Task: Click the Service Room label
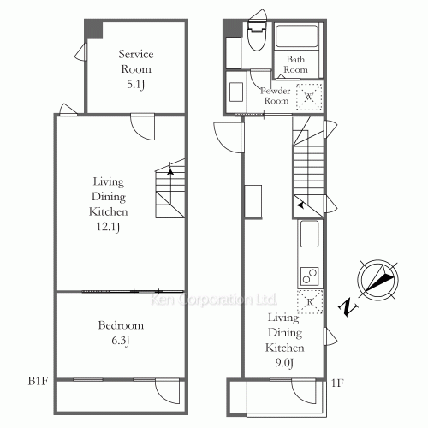[134, 61]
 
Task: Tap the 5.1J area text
[134, 85]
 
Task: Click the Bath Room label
[296, 64]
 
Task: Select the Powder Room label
[276, 95]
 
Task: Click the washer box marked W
[308, 98]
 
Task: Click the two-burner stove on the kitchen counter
[308, 276]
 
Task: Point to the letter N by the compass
[347, 306]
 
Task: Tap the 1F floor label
[337, 383]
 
